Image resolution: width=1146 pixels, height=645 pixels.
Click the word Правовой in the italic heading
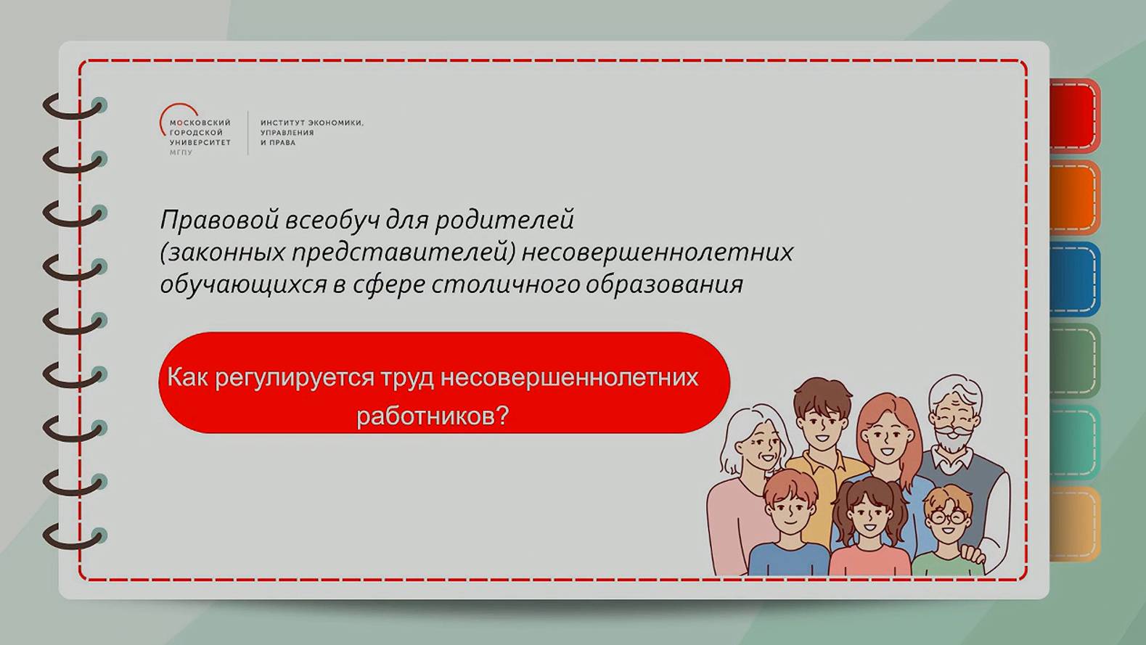pos(218,220)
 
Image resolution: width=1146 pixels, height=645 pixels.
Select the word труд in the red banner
pos(407,377)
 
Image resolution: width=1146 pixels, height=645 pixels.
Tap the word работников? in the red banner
pos(433,416)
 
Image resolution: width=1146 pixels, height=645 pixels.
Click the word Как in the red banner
pos(187,377)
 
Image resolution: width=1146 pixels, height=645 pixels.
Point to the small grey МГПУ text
pos(181,153)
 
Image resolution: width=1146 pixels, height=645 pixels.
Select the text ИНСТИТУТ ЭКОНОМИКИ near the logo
pos(311,123)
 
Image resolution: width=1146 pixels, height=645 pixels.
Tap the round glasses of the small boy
pos(946,517)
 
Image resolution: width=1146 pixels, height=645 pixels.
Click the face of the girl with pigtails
pos(869,514)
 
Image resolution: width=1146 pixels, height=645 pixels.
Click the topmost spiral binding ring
pos(73,107)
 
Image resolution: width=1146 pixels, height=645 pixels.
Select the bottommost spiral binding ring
pos(73,538)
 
